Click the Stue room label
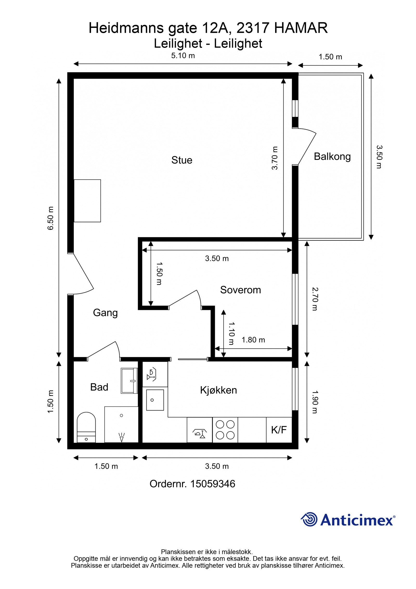coord(182,160)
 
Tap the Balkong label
coord(332,156)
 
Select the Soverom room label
coord(240,290)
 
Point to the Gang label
coord(105,313)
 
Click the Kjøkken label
coord(218,390)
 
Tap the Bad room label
coord(99,387)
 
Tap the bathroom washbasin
coord(129,381)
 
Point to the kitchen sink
coord(155,400)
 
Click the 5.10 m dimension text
coord(183,56)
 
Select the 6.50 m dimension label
coord(50,218)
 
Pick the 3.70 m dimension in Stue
coord(275,158)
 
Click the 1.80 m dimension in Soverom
coord(253,340)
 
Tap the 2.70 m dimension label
coord(315,299)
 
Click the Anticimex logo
coord(348,520)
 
